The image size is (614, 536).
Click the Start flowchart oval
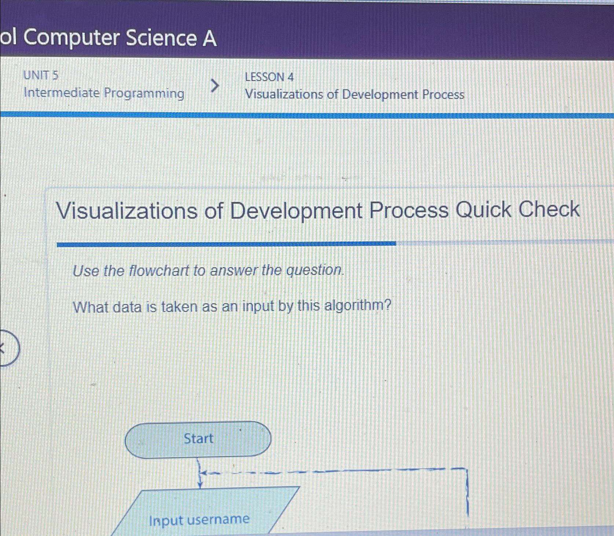[198, 440]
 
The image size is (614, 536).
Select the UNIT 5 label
[41, 75]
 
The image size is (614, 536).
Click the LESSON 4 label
[269, 77]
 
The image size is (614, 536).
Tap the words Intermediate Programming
[104, 93]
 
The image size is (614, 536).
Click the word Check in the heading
[549, 209]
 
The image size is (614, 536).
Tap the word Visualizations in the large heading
[126, 211]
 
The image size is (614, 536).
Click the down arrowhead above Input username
[200, 485]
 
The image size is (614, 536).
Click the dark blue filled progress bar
[226, 244]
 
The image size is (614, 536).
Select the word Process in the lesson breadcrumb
[443, 95]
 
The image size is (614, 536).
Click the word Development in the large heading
[296, 211]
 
